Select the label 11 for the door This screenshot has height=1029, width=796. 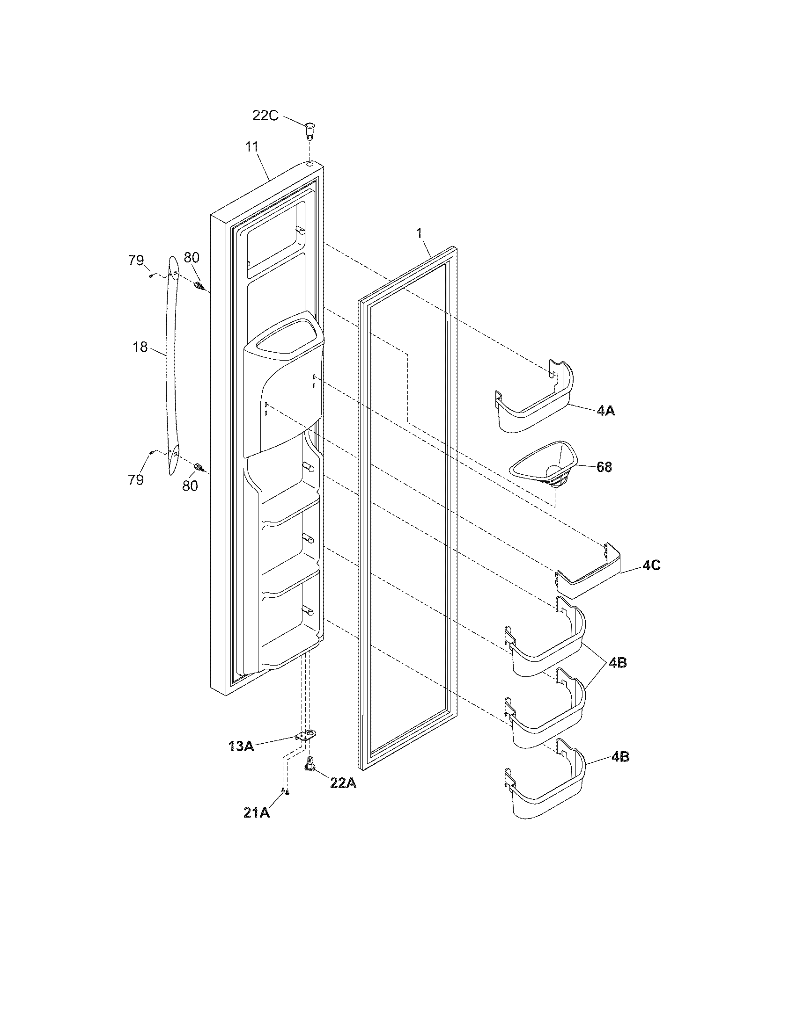252,146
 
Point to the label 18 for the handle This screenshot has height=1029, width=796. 140,347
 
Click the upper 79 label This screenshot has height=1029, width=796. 136,260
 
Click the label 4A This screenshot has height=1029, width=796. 605,411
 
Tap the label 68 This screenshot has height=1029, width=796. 604,467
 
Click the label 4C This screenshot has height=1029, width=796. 651,565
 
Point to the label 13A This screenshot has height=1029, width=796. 242,746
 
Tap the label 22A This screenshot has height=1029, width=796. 343,783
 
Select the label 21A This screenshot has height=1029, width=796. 257,812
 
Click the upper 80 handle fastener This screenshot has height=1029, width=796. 199,284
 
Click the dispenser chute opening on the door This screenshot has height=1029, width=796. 283,338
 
